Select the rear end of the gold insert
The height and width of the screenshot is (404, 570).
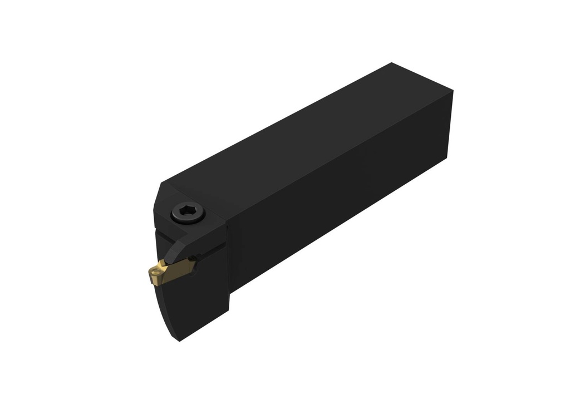(x=192, y=262)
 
